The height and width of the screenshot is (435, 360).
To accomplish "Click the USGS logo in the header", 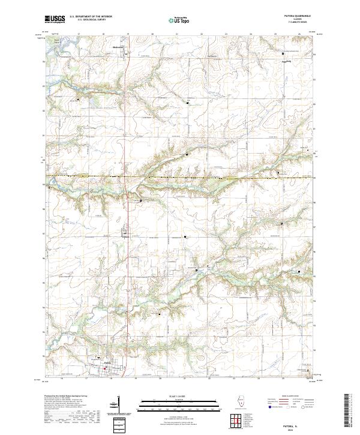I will [x=55, y=19].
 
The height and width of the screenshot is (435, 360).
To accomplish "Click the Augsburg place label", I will [x=273, y=60].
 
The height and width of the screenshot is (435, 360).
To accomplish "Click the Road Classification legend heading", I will [x=287, y=397].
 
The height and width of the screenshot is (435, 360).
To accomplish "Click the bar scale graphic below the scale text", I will [x=180, y=402].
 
